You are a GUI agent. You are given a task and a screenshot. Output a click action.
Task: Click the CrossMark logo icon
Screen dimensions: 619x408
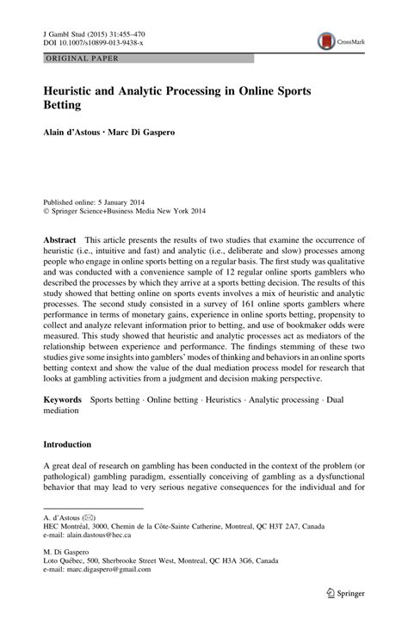coord(325,40)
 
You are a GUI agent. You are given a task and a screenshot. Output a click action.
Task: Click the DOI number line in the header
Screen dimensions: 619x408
coord(82,41)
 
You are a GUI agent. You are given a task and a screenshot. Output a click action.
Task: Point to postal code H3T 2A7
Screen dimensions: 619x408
coord(280,525)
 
